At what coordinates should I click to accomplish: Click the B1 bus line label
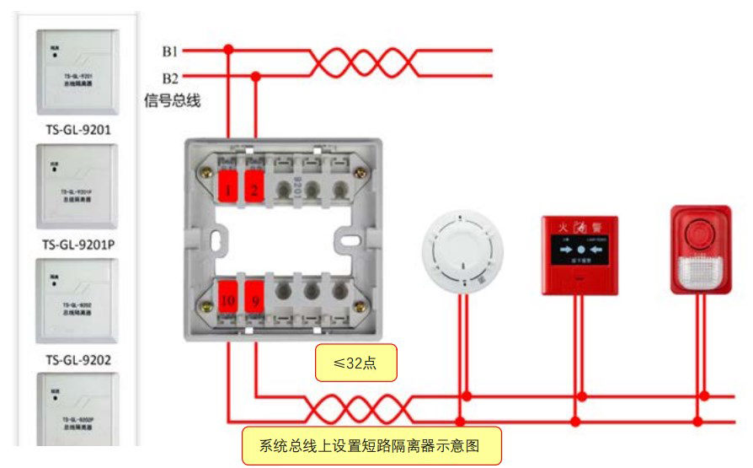[x=169, y=51]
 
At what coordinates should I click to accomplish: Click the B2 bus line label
[x=169, y=78]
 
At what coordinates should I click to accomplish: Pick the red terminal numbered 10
[x=228, y=295]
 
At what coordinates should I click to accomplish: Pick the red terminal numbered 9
[x=255, y=295]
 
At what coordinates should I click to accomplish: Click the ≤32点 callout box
[x=355, y=363]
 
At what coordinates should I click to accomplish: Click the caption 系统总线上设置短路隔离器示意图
[x=371, y=445]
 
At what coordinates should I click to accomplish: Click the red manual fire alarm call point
[x=579, y=255]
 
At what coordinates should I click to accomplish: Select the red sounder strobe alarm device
[x=700, y=249]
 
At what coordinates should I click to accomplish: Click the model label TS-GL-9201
[x=77, y=130]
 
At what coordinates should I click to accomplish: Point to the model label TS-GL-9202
[x=77, y=360]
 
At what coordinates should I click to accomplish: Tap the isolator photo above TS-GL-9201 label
[x=77, y=72]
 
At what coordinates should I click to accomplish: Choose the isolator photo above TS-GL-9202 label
[x=77, y=301]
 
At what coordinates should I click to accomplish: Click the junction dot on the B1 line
[x=228, y=51]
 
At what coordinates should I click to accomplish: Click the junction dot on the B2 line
[x=256, y=76]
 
